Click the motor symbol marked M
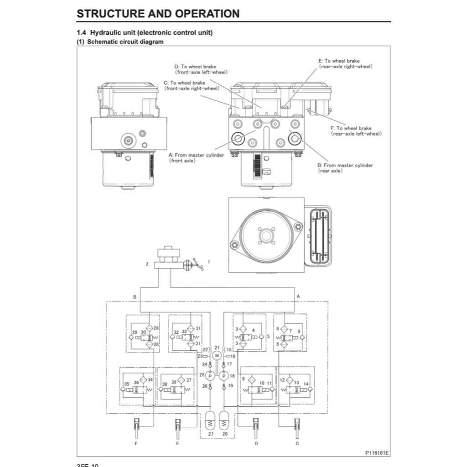(217, 356)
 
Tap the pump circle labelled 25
(210, 376)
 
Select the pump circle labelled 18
(223, 376)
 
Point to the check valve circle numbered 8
(301, 338)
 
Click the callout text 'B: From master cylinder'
(345, 165)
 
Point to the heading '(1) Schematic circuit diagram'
(120, 42)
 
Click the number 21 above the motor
(217, 348)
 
